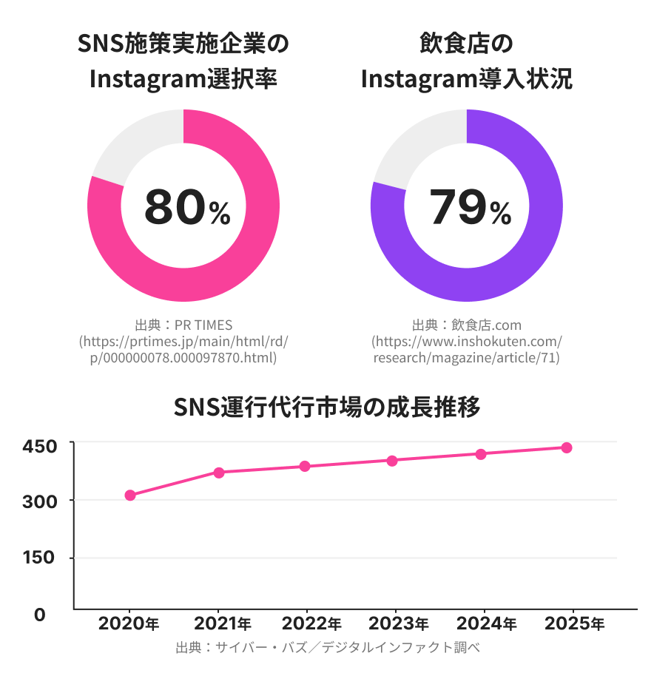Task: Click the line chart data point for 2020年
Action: [x=130, y=496]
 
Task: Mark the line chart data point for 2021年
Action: [x=219, y=473]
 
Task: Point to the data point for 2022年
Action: [x=305, y=467]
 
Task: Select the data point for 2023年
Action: [x=392, y=461]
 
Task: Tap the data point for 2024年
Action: [x=481, y=454]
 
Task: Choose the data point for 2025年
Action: [x=567, y=447]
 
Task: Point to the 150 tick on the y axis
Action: [x=39, y=558]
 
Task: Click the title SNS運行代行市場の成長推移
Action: [x=327, y=407]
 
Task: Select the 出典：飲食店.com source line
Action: [x=467, y=325]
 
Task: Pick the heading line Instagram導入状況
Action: [x=467, y=78]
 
